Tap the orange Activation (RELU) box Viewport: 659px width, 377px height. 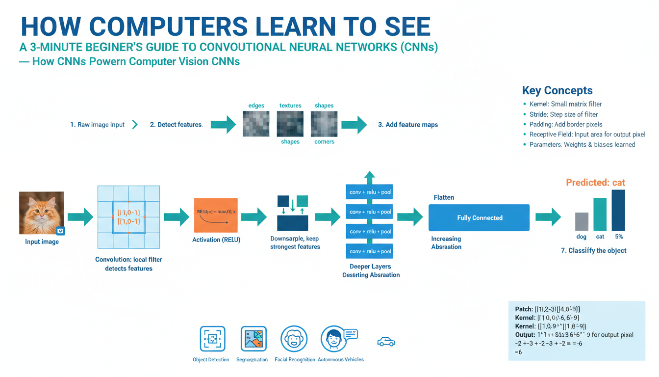pyautogui.click(x=216, y=215)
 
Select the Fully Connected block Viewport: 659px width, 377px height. pyautogui.click(x=479, y=217)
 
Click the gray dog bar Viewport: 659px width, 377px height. pyautogui.click(x=582, y=221)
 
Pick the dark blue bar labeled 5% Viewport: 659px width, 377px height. pyautogui.click(x=618, y=210)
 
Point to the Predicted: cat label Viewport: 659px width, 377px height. pyautogui.click(x=595, y=183)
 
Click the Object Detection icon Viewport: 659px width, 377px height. pyautogui.click(x=213, y=339)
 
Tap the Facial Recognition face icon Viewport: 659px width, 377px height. pyautogui.click(x=294, y=339)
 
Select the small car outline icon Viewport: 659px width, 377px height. pyautogui.click(x=386, y=342)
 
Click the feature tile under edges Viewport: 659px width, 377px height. pyautogui.click(x=256, y=123)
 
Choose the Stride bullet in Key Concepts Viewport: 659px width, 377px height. pyautogui.click(x=563, y=114)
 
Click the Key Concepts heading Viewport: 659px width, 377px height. pyautogui.click(x=557, y=90)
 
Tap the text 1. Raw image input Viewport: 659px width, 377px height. pyautogui.click(x=97, y=125)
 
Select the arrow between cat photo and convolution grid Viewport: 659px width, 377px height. pyautogui.click(x=80, y=216)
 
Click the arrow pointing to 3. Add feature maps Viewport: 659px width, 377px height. pyautogui.click(x=355, y=125)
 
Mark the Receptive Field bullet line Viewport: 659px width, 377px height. pyautogui.click(x=587, y=135)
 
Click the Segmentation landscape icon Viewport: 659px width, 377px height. pyautogui.click(x=253, y=339)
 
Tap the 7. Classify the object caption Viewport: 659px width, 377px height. pyautogui.click(x=593, y=250)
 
